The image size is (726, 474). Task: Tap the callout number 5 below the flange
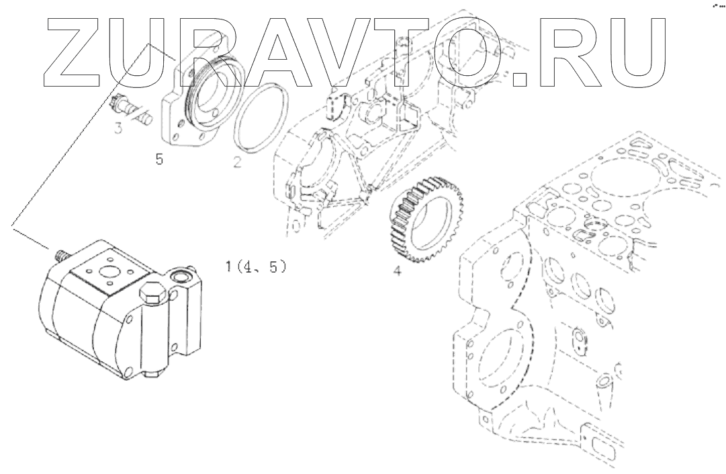point(159,160)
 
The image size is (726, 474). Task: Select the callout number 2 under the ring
point(237,162)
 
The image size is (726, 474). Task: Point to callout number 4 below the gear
point(398,273)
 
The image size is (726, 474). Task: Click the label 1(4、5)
point(256,267)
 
